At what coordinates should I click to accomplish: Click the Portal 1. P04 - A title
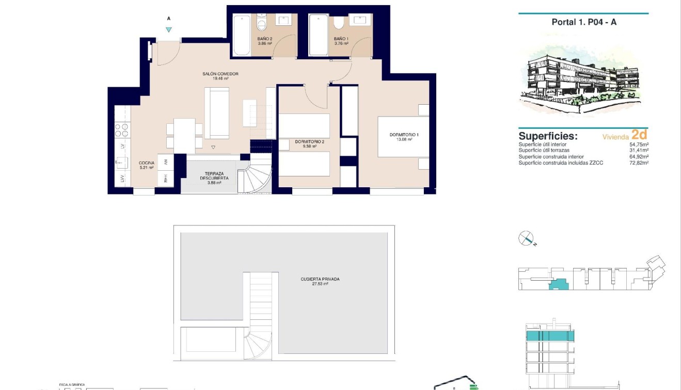(x=584, y=22)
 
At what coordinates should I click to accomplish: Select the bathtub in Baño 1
(x=318, y=35)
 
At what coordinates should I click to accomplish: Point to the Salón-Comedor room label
(x=220, y=74)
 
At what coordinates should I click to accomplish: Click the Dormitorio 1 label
(x=404, y=135)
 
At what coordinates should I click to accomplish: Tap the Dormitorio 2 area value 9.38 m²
(x=309, y=147)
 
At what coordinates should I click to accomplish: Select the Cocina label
(x=146, y=163)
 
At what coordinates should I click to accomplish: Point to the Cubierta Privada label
(x=320, y=279)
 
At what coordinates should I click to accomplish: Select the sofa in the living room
(x=217, y=113)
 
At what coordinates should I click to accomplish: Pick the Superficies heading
(x=548, y=136)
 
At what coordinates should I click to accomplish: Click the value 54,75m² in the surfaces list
(x=638, y=145)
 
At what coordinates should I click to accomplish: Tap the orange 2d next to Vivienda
(x=639, y=135)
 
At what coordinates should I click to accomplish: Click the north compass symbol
(x=526, y=238)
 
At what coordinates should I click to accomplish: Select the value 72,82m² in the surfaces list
(x=638, y=163)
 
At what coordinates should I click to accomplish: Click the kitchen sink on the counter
(x=122, y=163)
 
